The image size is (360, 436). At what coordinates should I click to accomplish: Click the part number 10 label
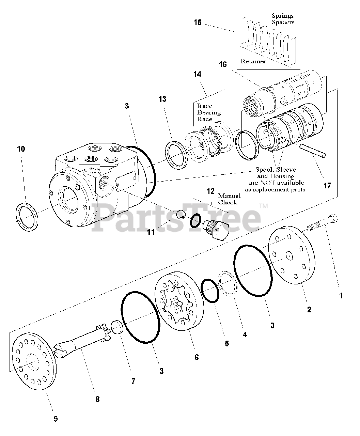(x=21, y=149)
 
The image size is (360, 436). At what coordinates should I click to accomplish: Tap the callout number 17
(x=327, y=186)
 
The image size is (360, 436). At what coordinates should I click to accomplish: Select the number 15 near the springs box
(x=197, y=22)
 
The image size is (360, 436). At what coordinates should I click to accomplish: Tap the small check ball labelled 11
(x=181, y=215)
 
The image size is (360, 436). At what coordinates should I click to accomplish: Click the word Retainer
(x=253, y=61)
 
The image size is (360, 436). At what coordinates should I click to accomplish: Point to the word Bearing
(x=209, y=112)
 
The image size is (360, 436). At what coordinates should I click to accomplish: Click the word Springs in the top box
(x=283, y=16)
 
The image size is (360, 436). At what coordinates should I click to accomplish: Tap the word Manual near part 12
(x=229, y=196)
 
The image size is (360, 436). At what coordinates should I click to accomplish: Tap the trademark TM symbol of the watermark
(x=264, y=206)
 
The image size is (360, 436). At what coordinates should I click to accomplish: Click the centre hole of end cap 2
(x=289, y=256)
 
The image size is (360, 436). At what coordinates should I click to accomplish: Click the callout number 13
(x=162, y=99)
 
